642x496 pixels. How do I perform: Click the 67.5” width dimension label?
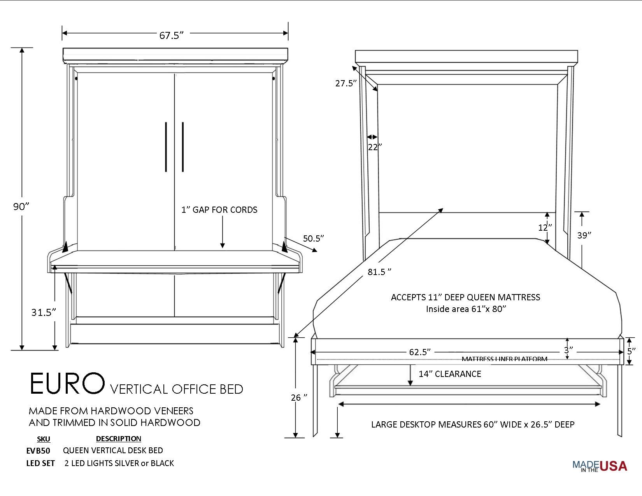pyautogui.click(x=171, y=35)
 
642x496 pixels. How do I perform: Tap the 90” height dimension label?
pyautogui.click(x=21, y=207)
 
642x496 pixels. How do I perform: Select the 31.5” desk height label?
pyautogui.click(x=44, y=312)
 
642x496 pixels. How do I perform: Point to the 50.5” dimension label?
pyautogui.click(x=314, y=238)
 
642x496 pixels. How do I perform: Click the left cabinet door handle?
pyautogui.click(x=166, y=147)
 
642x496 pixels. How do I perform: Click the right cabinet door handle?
pyautogui.click(x=183, y=147)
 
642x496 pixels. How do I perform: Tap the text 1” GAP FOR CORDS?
pyautogui.click(x=219, y=210)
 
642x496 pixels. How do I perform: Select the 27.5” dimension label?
pyautogui.click(x=346, y=83)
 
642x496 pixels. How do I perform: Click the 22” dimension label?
pyautogui.click(x=375, y=147)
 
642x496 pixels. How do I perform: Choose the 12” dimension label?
pyautogui.click(x=545, y=228)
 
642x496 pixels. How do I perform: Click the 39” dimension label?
pyautogui.click(x=584, y=235)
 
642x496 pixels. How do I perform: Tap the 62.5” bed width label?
pyautogui.click(x=420, y=352)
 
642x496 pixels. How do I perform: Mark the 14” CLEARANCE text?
pyautogui.click(x=450, y=374)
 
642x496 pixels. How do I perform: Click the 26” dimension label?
pyautogui.click(x=299, y=398)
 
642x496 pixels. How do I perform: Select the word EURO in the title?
pyautogui.click(x=67, y=384)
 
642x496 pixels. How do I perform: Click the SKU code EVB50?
pyautogui.click(x=38, y=450)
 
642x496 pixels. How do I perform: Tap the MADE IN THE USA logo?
pyautogui.click(x=600, y=466)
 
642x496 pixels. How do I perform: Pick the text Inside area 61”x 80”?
pyautogui.click(x=465, y=309)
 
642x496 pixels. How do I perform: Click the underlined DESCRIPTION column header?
pyautogui.click(x=118, y=438)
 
